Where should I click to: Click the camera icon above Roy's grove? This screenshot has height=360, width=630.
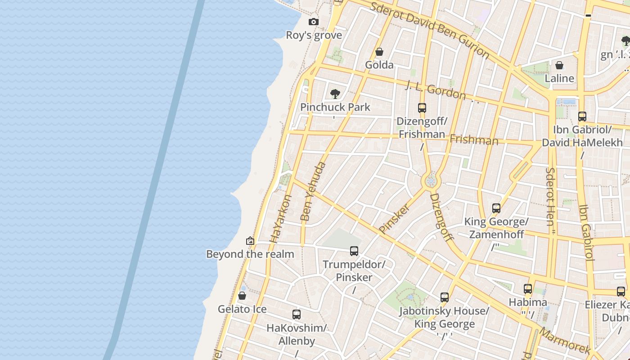314,22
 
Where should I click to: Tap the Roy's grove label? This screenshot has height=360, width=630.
314,35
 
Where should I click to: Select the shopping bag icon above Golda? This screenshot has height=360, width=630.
379,52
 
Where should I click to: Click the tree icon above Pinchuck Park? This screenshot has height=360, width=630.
335,94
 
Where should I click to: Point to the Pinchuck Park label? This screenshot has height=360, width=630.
335,107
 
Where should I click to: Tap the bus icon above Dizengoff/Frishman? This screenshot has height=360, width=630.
422,108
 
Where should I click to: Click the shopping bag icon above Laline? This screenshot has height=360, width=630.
559,65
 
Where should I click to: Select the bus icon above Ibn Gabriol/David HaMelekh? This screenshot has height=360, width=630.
582,117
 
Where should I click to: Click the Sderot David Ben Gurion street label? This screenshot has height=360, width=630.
429,30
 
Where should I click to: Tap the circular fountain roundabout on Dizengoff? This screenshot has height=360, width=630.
431,181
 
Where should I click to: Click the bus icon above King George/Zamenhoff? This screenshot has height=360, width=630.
496,208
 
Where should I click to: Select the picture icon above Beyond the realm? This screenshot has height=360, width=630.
250,241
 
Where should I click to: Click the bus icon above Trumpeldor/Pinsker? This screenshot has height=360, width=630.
354,251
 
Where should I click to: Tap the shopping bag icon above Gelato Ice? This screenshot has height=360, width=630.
242,296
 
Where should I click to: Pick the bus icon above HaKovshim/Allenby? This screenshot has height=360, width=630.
296,315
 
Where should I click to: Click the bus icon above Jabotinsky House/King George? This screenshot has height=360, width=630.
445,297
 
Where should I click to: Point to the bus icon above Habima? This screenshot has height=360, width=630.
528,289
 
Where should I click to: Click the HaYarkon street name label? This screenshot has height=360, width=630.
280,219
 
